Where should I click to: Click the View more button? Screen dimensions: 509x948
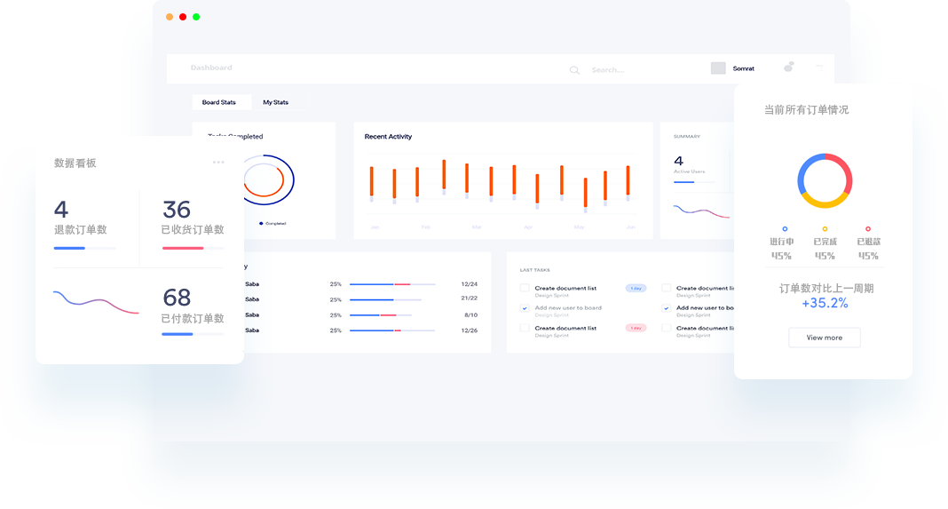[x=824, y=338]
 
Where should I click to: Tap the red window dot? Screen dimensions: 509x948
[x=183, y=17]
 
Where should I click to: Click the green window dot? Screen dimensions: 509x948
[x=196, y=17]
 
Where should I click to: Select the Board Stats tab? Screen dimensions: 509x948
[x=219, y=102]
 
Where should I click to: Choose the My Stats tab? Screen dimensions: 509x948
[x=275, y=102]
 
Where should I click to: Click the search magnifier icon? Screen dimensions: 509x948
[x=574, y=70]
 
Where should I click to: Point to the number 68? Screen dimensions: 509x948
[x=177, y=298]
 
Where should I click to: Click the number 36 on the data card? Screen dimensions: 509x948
[x=177, y=210]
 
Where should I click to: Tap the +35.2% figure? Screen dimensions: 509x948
[x=825, y=304]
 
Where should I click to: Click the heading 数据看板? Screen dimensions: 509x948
[x=75, y=163]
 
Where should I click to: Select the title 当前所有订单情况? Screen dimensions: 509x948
[x=806, y=110]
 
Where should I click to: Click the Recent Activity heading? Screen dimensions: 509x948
[x=388, y=137]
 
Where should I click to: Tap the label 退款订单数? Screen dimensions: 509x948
[x=80, y=229]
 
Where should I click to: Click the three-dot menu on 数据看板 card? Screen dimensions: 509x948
[x=218, y=162]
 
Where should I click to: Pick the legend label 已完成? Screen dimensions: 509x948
[x=825, y=242]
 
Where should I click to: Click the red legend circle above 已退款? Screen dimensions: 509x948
[x=868, y=229]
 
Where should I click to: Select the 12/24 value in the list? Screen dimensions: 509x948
[x=470, y=284]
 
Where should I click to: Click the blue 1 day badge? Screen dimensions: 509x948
[x=636, y=288]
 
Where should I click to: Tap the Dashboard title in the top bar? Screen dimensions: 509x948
[x=211, y=68]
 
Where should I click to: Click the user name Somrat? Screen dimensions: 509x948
[x=743, y=68]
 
